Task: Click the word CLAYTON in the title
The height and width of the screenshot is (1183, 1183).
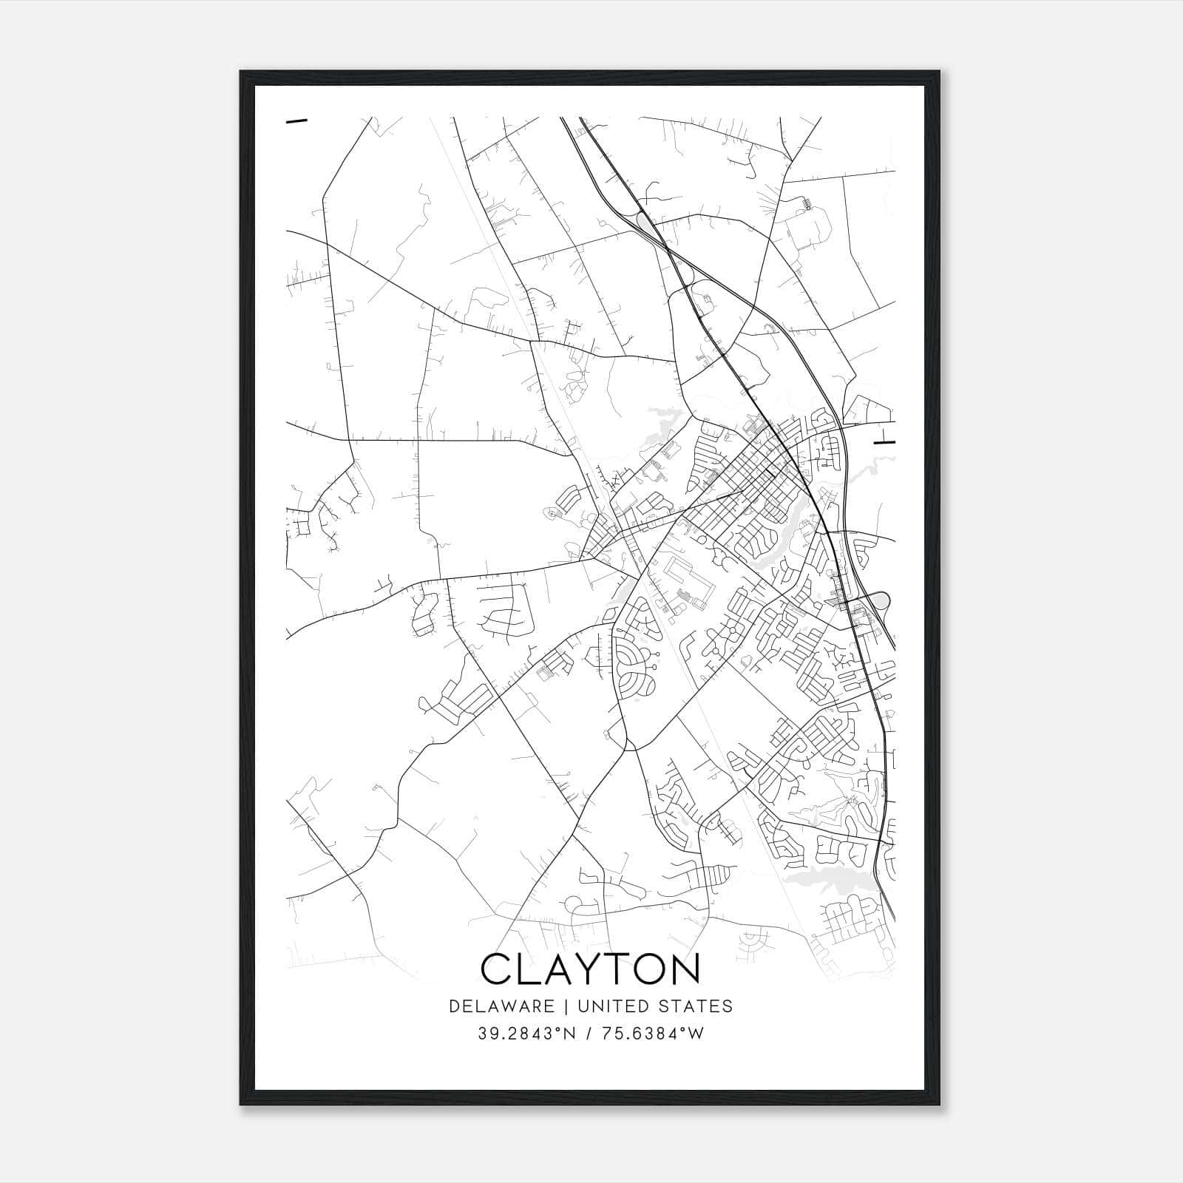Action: [x=589, y=969]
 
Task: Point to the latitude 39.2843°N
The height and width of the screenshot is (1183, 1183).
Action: [x=527, y=1034]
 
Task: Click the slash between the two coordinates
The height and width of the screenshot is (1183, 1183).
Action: [x=586, y=1034]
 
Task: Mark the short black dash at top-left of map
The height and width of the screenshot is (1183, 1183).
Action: [x=296, y=121]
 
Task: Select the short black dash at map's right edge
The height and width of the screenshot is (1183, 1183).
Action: [x=884, y=442]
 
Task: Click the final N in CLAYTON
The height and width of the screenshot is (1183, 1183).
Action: [x=683, y=969]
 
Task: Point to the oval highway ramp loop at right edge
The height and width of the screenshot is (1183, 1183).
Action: [x=881, y=600]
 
